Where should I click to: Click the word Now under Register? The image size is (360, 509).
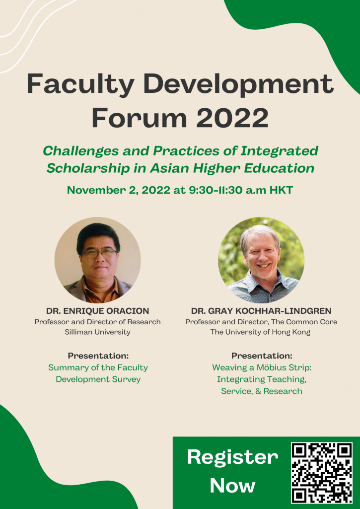pyautogui.click(x=232, y=485)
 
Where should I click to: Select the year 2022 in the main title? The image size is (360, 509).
pyautogui.click(x=234, y=118)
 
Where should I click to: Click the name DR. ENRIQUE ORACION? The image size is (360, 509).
pyautogui.click(x=97, y=311)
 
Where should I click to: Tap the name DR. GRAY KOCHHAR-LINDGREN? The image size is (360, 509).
pyautogui.click(x=261, y=311)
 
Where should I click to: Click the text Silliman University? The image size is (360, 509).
pyautogui.click(x=97, y=332)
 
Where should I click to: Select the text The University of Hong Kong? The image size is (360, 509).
pyautogui.click(x=260, y=332)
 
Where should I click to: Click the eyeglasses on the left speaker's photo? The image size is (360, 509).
pyautogui.click(x=99, y=253)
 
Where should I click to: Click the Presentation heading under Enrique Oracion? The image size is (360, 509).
pyautogui.click(x=98, y=356)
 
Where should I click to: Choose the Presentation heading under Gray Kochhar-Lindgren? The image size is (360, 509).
pyautogui.click(x=262, y=356)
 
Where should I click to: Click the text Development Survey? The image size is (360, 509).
pyautogui.click(x=98, y=379)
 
